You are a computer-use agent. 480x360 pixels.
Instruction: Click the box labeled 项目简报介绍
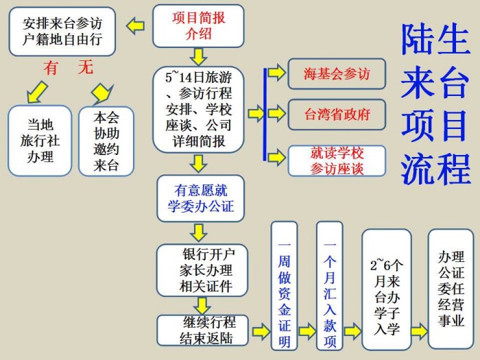[198, 26]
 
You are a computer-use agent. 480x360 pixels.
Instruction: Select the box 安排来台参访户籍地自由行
[62, 32]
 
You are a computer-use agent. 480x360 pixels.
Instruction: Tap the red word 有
[50, 68]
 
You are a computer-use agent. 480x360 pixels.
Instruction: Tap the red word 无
[86, 67]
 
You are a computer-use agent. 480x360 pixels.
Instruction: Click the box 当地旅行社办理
[40, 141]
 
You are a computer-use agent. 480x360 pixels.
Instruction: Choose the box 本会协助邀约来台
[106, 141]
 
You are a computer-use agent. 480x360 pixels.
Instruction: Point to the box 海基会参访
[337, 74]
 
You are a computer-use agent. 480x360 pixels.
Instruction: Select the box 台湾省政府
[337, 115]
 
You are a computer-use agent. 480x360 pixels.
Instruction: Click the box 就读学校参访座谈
[337, 160]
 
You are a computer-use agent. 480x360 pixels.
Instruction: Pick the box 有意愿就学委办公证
[200, 198]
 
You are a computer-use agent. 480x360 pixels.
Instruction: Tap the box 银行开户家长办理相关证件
[202, 270]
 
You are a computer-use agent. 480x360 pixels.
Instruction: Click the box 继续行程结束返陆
[202, 331]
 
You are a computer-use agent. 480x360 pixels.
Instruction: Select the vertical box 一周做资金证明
[285, 286]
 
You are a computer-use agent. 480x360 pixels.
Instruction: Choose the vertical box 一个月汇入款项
[329, 286]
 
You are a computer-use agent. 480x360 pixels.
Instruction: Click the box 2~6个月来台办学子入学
[387, 289]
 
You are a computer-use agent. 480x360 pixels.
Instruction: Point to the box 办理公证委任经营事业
[451, 289]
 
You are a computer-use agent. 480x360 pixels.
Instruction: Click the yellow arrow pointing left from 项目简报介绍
[135, 26]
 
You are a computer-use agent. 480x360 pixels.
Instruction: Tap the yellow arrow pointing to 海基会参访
[277, 73]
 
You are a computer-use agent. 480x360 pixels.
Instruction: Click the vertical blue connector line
[265, 115]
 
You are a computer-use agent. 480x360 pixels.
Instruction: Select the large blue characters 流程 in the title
[435, 169]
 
